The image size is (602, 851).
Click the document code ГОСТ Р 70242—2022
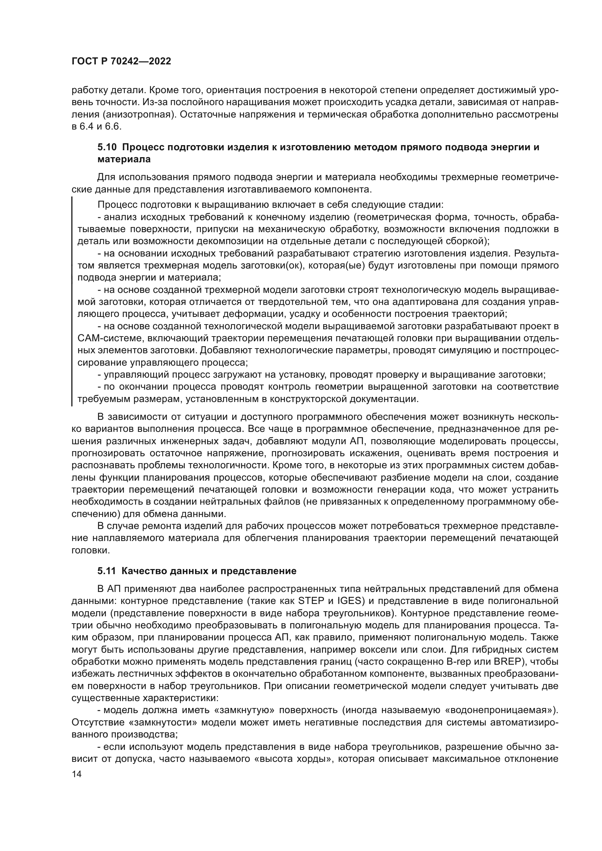click(121, 61)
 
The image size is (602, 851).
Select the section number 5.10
click(107, 147)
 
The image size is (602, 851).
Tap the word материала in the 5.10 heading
click(124, 160)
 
